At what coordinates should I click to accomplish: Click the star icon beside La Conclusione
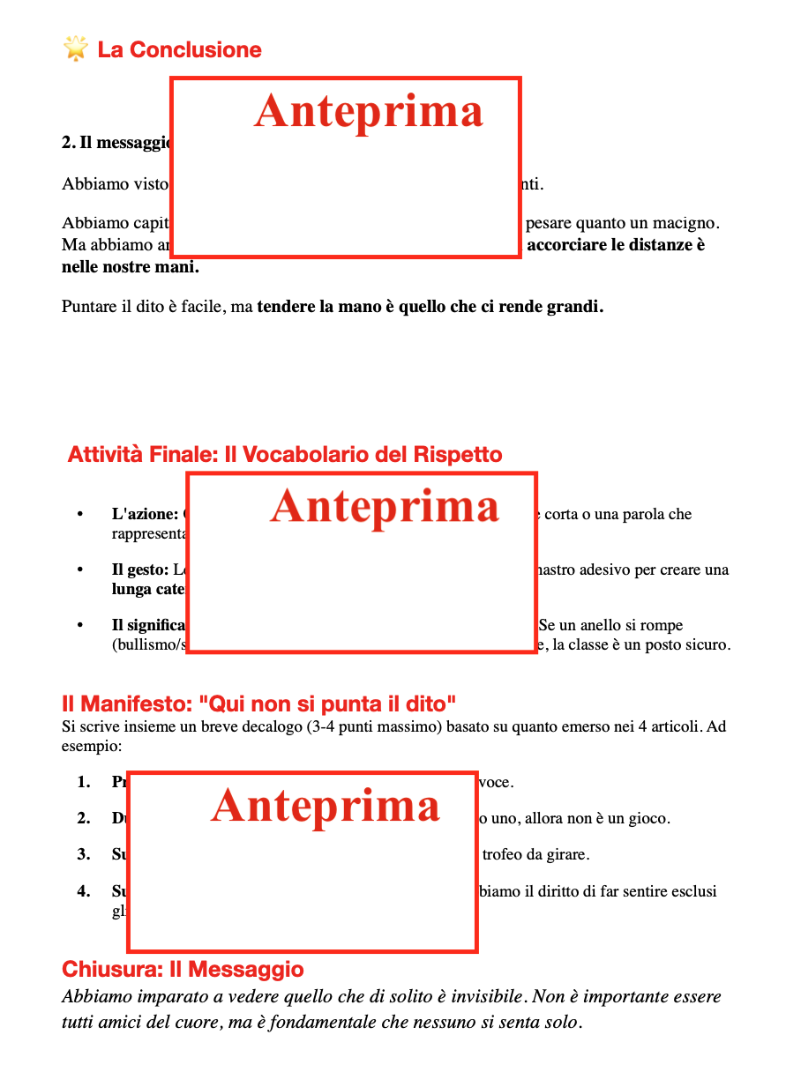point(76,48)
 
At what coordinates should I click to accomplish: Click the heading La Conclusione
point(179,49)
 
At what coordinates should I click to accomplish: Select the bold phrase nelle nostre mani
point(131,266)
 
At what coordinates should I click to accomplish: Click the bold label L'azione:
point(145,514)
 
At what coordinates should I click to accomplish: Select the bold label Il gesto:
point(140,569)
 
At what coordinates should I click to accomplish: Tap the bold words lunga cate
point(148,589)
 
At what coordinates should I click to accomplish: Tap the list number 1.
point(83,782)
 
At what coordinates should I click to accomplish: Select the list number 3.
point(83,854)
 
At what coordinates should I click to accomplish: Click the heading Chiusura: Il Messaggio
point(183,970)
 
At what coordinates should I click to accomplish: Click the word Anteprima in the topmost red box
point(369,112)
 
